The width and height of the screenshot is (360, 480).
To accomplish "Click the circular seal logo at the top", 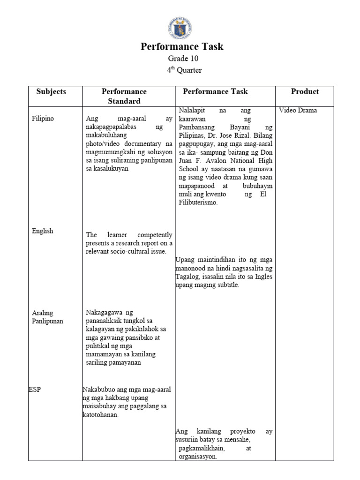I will (x=180, y=27).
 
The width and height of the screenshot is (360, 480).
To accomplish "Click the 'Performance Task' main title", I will (x=182, y=46).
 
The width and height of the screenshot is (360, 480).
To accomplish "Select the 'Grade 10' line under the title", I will (x=183, y=59).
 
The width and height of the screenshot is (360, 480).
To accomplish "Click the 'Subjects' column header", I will (x=51, y=91).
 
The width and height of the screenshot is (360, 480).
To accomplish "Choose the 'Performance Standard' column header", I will (x=124, y=96).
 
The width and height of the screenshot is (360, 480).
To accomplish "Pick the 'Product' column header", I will (x=305, y=91).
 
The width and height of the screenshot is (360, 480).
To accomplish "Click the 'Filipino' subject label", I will (x=43, y=119).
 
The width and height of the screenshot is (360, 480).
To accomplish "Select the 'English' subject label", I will (x=42, y=231).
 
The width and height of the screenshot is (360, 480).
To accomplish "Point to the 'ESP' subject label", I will (x=35, y=390).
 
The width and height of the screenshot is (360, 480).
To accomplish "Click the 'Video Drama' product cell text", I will (x=298, y=111).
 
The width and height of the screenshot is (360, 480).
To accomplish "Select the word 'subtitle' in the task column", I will (x=226, y=285).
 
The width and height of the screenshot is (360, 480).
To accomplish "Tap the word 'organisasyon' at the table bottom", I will (x=197, y=457).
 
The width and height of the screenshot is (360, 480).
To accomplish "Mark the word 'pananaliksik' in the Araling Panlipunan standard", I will (x=106, y=321).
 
